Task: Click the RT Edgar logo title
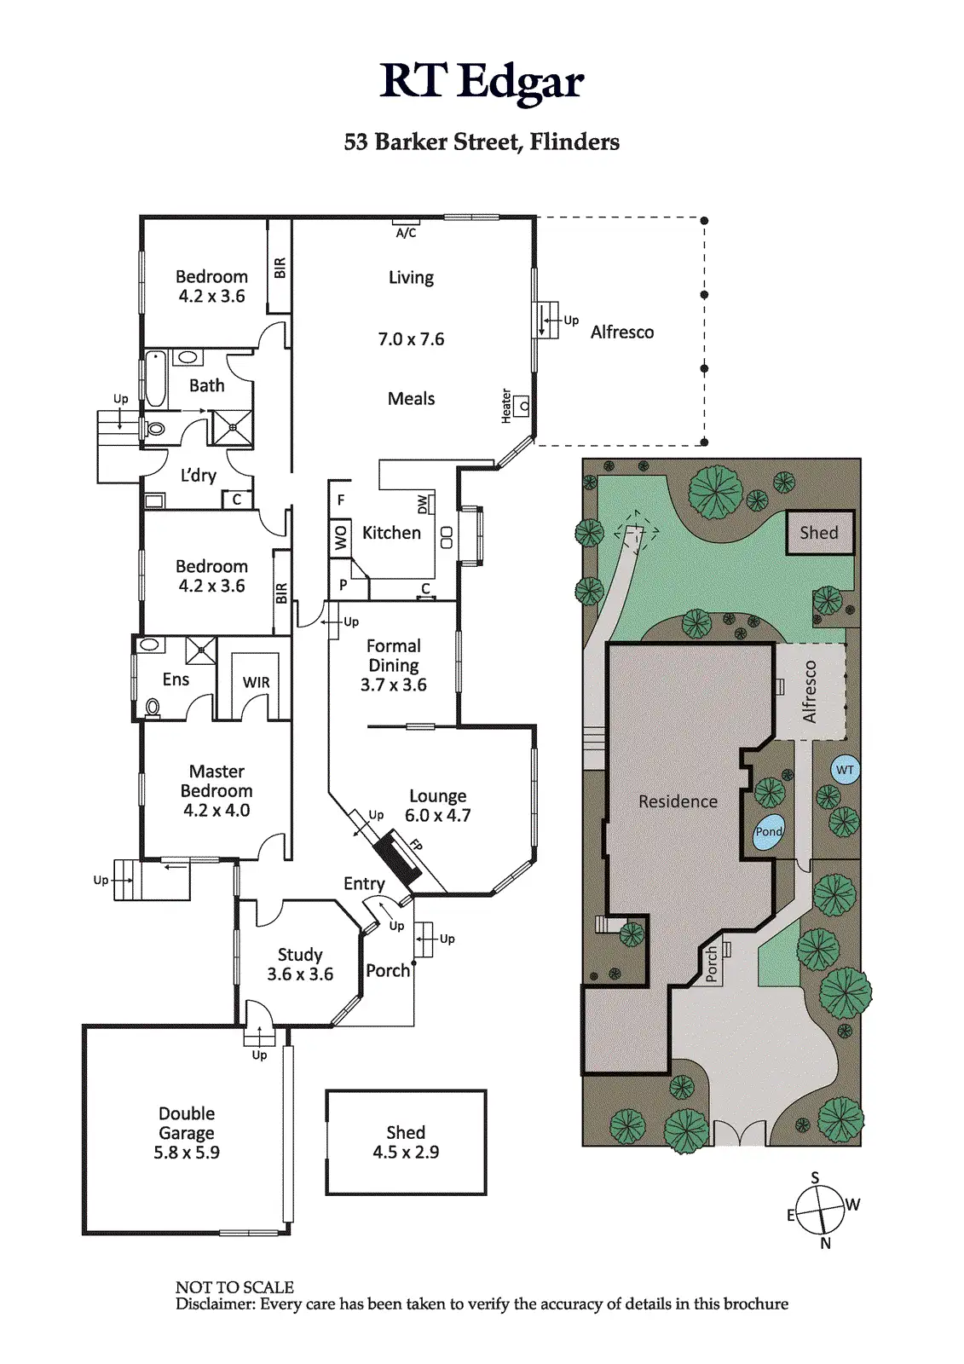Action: [482, 82]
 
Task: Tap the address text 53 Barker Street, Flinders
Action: [482, 142]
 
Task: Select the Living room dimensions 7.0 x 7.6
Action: [411, 339]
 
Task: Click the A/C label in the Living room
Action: [406, 233]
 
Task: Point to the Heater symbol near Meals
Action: [522, 406]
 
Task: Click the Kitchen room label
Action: [391, 533]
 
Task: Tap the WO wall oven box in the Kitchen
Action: [341, 538]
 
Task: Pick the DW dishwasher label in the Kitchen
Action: [423, 505]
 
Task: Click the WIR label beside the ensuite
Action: [256, 682]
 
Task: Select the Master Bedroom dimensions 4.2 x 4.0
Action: [216, 811]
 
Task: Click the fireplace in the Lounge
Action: [399, 859]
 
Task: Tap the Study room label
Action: [300, 955]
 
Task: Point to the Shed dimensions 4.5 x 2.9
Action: [406, 1153]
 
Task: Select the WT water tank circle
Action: [845, 770]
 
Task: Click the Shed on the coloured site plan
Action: [819, 533]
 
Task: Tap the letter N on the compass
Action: [825, 1244]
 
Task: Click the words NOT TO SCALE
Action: [234, 1287]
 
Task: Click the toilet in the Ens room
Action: [153, 706]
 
